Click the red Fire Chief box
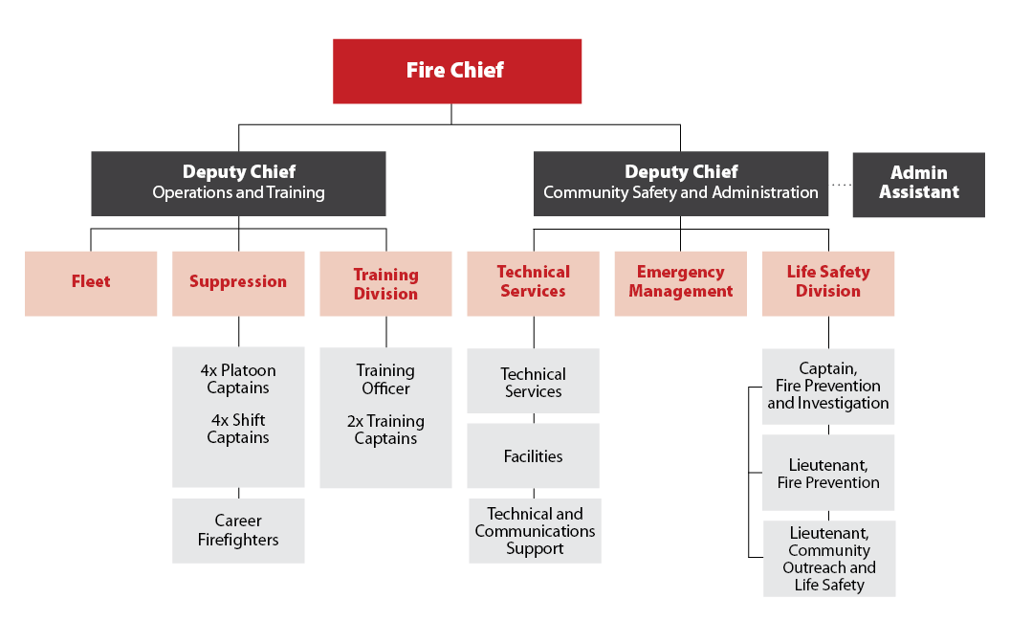457,71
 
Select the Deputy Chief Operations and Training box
239,183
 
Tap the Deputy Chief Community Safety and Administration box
681,183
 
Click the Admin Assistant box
918,184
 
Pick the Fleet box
91,283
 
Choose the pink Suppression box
238,283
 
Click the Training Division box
385,283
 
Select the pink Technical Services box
533,283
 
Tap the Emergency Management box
680,283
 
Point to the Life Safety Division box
828,283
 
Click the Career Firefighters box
238,531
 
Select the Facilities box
533,456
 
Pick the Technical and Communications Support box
535,531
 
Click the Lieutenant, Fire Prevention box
828,473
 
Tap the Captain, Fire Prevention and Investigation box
828,386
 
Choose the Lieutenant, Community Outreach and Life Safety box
829,559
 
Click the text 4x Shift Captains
238,429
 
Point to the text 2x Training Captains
385,430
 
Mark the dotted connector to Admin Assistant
841,186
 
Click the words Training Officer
385,379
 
